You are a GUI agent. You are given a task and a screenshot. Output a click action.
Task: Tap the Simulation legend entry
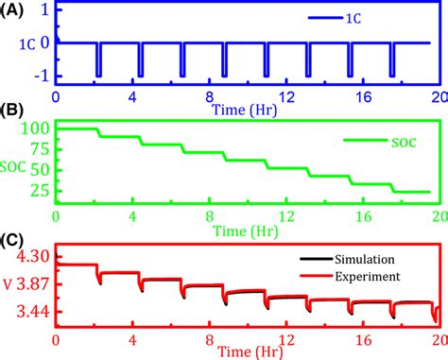click(374, 258)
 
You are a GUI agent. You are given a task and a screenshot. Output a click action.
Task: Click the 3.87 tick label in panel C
click(34, 284)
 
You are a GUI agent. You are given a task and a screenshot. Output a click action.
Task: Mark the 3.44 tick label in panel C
click(34, 312)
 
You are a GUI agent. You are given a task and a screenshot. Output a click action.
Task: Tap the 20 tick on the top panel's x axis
click(435, 96)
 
